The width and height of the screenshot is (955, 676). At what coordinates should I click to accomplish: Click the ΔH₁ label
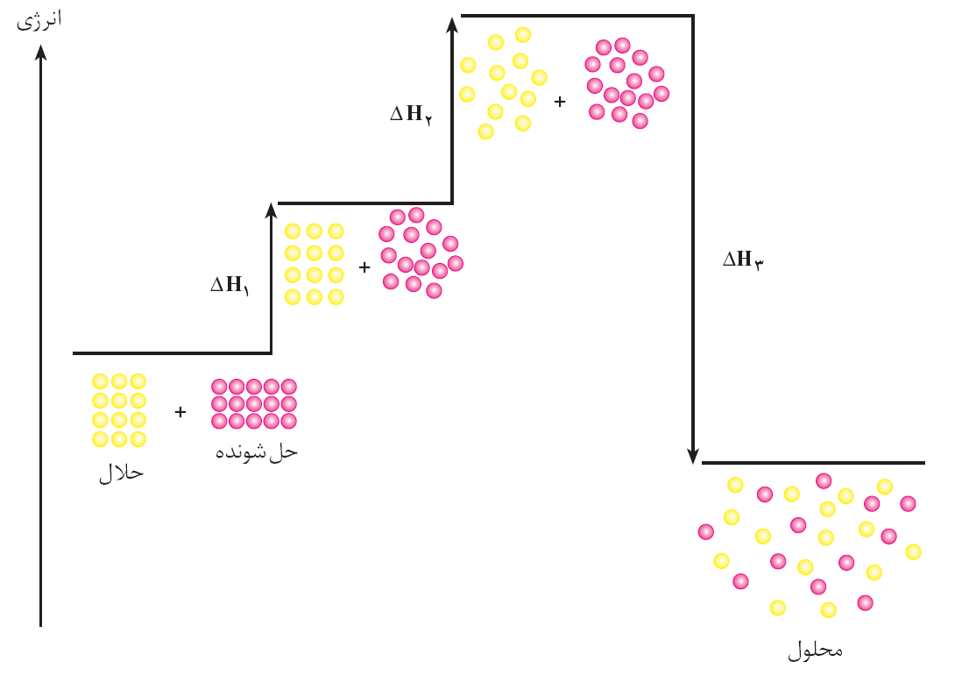pyautogui.click(x=230, y=285)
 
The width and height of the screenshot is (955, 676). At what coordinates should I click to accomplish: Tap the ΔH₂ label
pyautogui.click(x=410, y=114)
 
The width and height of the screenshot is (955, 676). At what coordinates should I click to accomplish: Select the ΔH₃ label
pyautogui.click(x=743, y=260)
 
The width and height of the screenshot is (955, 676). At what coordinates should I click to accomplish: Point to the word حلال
pyautogui.click(x=120, y=473)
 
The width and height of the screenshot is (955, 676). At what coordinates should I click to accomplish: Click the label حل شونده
pyautogui.click(x=257, y=452)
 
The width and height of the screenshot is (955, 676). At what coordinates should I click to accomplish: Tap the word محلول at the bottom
pyautogui.click(x=815, y=651)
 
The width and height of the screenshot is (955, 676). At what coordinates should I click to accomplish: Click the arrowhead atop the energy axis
pyautogui.click(x=40, y=53)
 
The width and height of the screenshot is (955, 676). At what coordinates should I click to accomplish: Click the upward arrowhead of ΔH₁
pyautogui.click(x=272, y=210)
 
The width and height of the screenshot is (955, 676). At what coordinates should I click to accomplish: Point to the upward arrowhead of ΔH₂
pyautogui.click(x=452, y=24)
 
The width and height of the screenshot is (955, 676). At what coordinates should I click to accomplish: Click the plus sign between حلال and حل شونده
pyautogui.click(x=180, y=411)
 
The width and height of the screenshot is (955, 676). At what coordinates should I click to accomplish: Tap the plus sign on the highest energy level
pyautogui.click(x=560, y=101)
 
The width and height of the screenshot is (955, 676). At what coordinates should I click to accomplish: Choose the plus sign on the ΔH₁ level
pyautogui.click(x=364, y=267)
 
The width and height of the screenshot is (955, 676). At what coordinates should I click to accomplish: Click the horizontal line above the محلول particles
pyautogui.click(x=812, y=462)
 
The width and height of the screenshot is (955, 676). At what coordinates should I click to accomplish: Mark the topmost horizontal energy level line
pyautogui.click(x=577, y=15)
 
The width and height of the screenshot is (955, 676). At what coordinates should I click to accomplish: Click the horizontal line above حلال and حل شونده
pyautogui.click(x=172, y=353)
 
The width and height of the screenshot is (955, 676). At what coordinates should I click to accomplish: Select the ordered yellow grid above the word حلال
pyautogui.click(x=119, y=410)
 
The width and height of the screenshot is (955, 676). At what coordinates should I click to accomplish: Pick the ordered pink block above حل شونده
pyautogui.click(x=254, y=403)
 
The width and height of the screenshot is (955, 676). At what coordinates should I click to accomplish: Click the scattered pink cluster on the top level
pyautogui.click(x=626, y=83)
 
